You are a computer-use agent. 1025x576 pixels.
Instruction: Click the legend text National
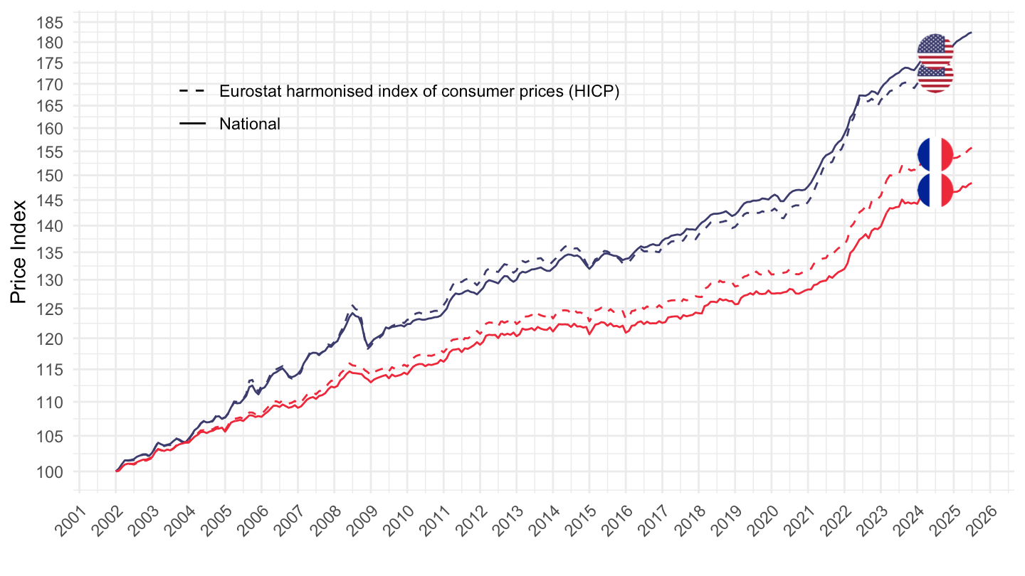tap(250, 124)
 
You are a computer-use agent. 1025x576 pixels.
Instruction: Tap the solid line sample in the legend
tap(192, 124)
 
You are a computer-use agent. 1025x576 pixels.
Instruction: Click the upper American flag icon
tap(935, 51)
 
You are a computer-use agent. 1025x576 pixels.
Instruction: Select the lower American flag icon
tap(935, 77)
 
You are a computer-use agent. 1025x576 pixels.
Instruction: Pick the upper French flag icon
tap(935, 155)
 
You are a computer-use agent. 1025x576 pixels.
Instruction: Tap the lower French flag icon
tap(935, 190)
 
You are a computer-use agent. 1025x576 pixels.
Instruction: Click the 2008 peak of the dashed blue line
tap(352, 304)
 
